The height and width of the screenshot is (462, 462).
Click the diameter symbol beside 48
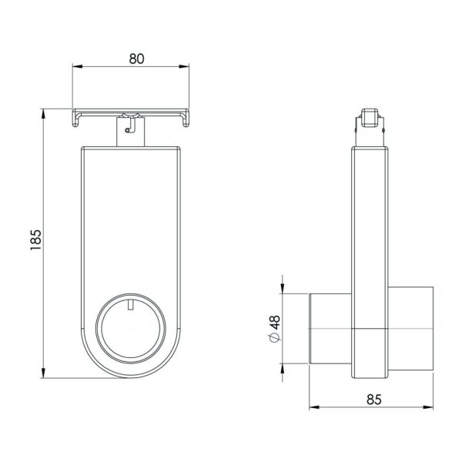[x=275, y=337]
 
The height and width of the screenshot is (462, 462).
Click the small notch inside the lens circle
[x=132, y=306]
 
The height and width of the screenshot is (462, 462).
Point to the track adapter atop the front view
[x=132, y=129]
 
